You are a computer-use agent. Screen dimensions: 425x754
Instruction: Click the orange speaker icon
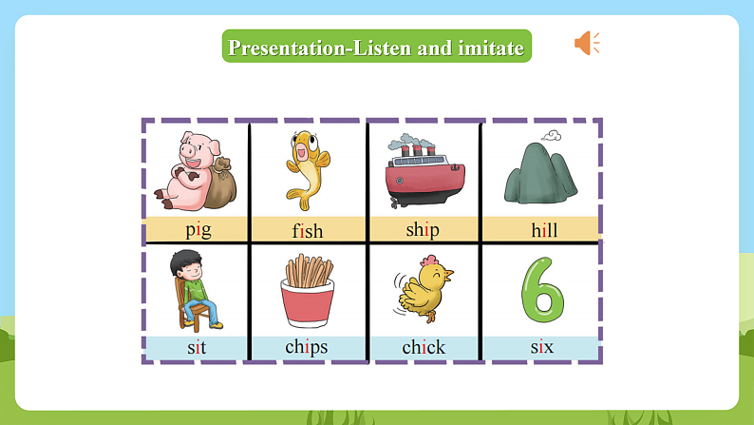(x=586, y=43)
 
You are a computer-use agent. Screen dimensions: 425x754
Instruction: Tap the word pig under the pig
(x=198, y=229)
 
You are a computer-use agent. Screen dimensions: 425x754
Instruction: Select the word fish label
(x=308, y=230)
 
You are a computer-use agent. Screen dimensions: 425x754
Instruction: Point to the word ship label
(x=423, y=230)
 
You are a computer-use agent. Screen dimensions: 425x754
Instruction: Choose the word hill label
(x=544, y=230)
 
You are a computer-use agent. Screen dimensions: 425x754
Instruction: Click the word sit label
(x=197, y=347)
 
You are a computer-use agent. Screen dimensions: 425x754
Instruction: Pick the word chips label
(x=307, y=347)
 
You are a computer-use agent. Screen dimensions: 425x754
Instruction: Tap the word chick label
(x=424, y=347)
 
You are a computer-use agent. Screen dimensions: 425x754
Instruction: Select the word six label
(x=542, y=347)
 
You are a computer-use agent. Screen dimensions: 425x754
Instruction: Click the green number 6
(x=542, y=289)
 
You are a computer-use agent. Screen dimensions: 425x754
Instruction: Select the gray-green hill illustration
(x=540, y=176)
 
